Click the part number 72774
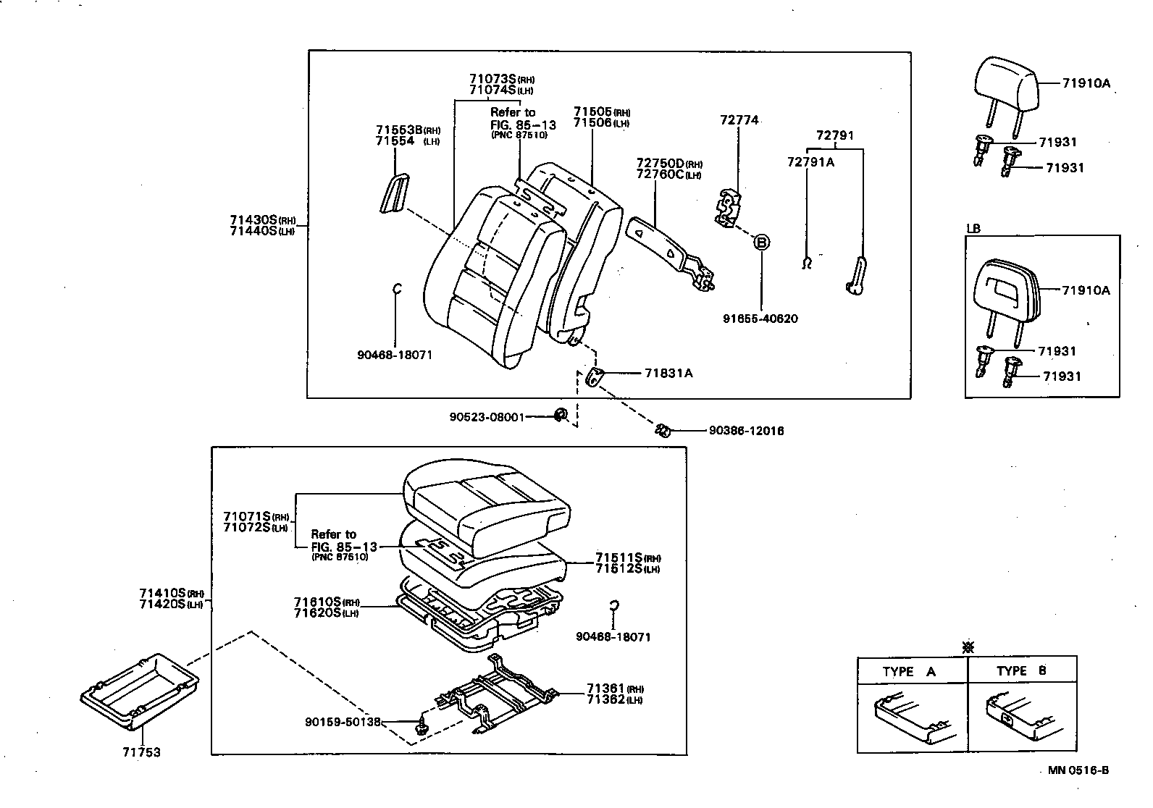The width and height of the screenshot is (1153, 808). coord(739,120)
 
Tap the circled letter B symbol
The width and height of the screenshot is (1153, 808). coord(761,243)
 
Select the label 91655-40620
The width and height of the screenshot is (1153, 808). coord(760,319)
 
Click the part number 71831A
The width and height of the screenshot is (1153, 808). coord(668,373)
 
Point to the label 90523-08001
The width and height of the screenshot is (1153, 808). coord(486,416)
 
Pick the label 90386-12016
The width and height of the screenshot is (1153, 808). coord(745,431)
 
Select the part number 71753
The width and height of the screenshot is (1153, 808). coord(141,752)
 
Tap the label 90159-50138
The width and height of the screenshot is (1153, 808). coord(343,722)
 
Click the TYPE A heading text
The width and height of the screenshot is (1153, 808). coord(909,672)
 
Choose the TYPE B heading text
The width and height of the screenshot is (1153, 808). coord(1021,671)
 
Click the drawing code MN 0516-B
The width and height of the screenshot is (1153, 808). coord(1078,770)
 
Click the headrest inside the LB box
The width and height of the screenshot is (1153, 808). coord(1009,290)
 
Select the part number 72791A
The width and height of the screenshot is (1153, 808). coord(810,162)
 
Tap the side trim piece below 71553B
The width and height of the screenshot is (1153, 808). coord(394,194)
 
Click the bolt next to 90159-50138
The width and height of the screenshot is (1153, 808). coord(421,726)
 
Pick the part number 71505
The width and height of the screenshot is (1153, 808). coord(592,112)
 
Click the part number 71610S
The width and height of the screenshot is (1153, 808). coord(317,602)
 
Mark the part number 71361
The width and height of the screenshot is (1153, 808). coord(605,689)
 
